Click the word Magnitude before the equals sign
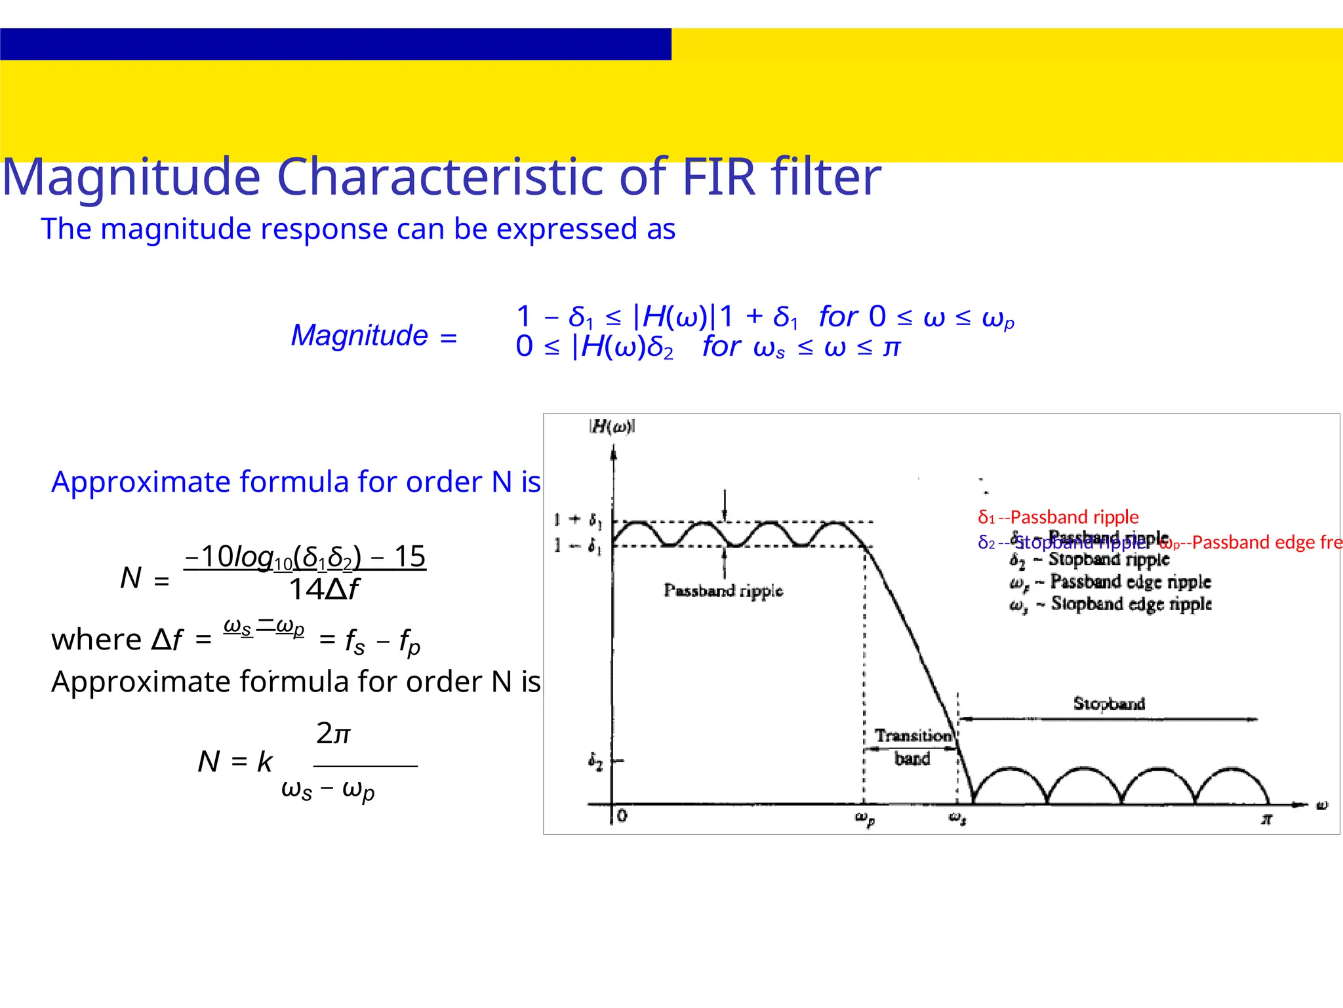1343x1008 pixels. [359, 336]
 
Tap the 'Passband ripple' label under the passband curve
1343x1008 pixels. [723, 591]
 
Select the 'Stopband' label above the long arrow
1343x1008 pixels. [1109, 704]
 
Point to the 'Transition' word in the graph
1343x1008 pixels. [913, 736]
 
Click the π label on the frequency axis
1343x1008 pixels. [1267, 819]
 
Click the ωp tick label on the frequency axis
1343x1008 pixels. [864, 819]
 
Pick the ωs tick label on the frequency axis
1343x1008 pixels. [957, 819]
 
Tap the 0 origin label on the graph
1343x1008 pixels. [622, 816]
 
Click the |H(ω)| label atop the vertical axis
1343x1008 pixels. [612, 427]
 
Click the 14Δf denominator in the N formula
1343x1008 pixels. [323, 590]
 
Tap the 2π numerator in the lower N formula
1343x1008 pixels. [333, 733]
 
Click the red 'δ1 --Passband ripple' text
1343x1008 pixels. [1058, 517]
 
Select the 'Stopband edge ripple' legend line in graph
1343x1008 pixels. [1111, 604]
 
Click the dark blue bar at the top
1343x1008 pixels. [335, 44]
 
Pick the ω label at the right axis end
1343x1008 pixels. [1322, 805]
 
